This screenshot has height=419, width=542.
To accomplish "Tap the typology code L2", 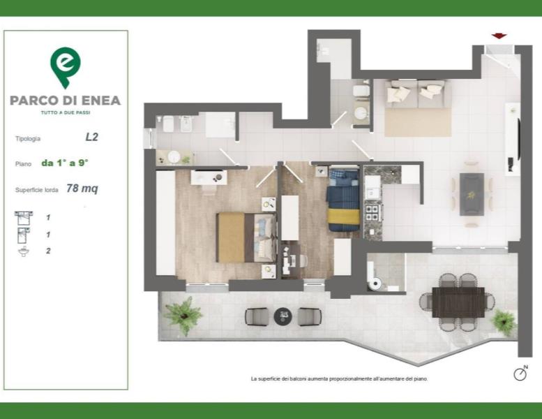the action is [x=92, y=137].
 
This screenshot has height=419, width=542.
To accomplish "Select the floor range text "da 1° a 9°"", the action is [x=65, y=163].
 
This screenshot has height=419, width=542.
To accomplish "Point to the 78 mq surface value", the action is [x=82, y=189].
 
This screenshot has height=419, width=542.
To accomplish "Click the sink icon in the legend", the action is [x=24, y=251].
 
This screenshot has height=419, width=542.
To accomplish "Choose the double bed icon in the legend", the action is [x=24, y=218].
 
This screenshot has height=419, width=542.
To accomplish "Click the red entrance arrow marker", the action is [x=499, y=36].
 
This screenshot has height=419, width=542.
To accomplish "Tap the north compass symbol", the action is [x=520, y=374].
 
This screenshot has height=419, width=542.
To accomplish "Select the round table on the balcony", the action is [x=283, y=316].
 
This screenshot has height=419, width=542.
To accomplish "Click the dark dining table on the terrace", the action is [x=458, y=302].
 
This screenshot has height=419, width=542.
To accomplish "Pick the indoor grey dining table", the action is [x=472, y=194].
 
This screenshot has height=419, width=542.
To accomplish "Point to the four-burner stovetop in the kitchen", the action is [x=373, y=213].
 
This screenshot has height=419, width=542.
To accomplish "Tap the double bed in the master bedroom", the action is [x=246, y=237].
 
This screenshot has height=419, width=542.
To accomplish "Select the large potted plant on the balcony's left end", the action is [x=183, y=315].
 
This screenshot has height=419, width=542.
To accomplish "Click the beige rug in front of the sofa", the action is [x=418, y=122].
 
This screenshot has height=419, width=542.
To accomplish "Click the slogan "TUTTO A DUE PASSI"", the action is [x=66, y=112].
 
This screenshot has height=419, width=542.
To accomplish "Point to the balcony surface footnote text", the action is [x=340, y=379].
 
